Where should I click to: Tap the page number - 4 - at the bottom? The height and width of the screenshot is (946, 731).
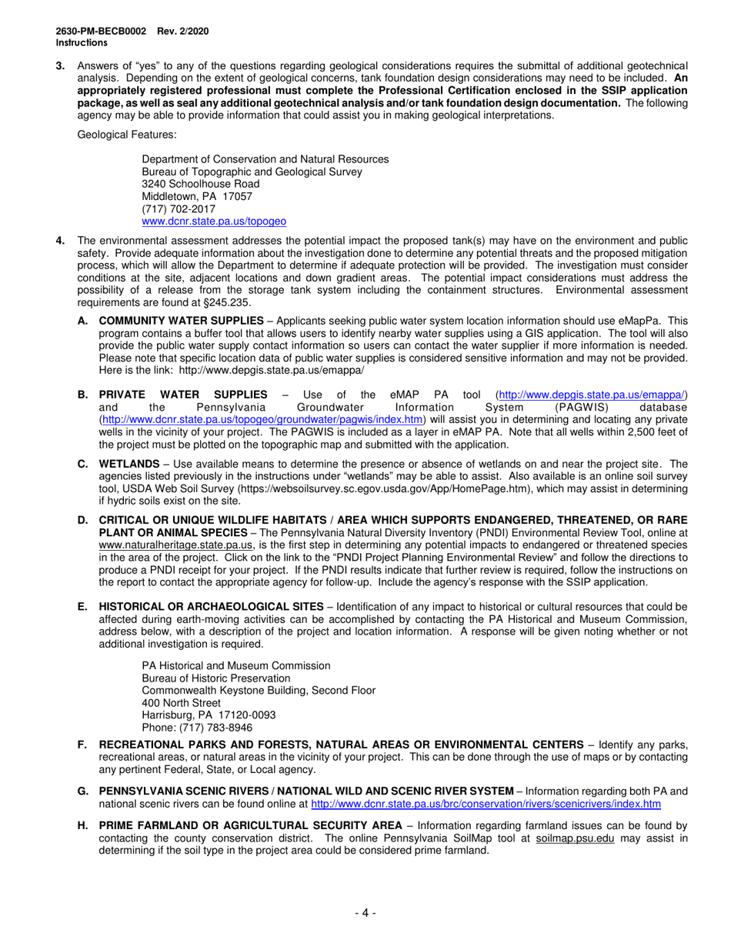pos(365,913)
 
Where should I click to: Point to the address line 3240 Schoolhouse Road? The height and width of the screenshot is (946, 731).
pos(201,184)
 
